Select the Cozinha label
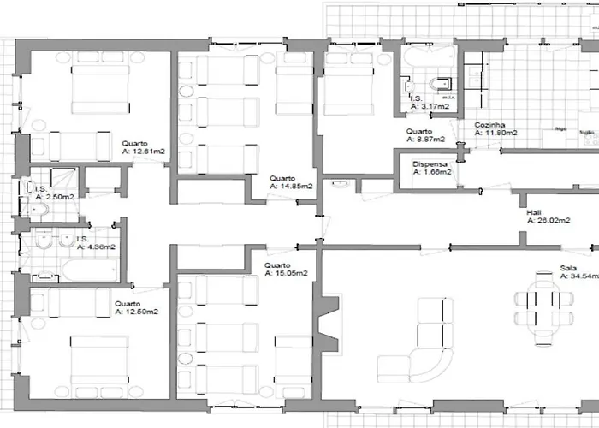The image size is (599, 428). click(x=491, y=124)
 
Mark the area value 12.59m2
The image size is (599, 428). click(x=136, y=312)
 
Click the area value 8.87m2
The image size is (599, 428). click(x=425, y=139)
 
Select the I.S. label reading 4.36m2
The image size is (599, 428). click(x=95, y=247)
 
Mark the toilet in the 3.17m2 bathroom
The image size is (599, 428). click(x=442, y=83)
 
